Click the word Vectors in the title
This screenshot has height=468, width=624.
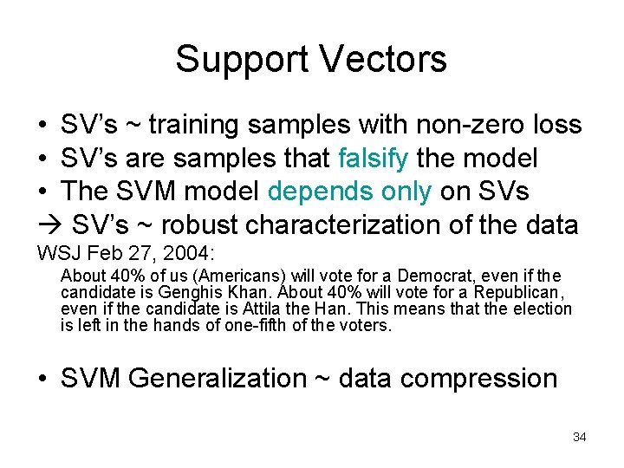383,59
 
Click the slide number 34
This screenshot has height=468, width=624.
580,437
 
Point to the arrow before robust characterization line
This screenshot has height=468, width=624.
49,225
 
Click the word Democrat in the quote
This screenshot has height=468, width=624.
432,276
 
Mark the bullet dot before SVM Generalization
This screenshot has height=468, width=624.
43,379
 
